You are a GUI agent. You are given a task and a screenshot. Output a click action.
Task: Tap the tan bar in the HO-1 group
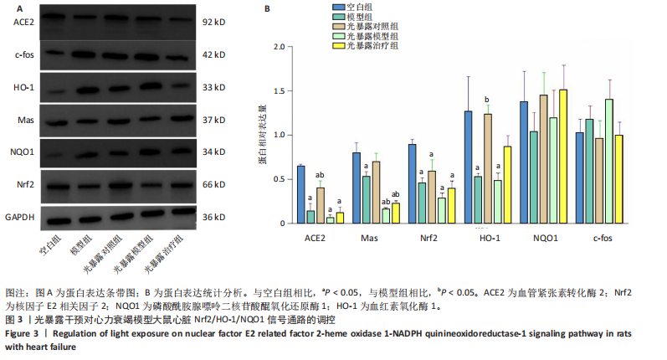(487, 168)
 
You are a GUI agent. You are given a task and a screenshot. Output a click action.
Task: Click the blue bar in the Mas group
(357, 188)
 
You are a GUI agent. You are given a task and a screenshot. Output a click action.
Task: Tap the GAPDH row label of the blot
(18, 217)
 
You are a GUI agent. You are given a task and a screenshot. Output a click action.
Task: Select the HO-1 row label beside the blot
(20, 88)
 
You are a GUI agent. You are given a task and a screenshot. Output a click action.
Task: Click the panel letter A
(8, 8)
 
